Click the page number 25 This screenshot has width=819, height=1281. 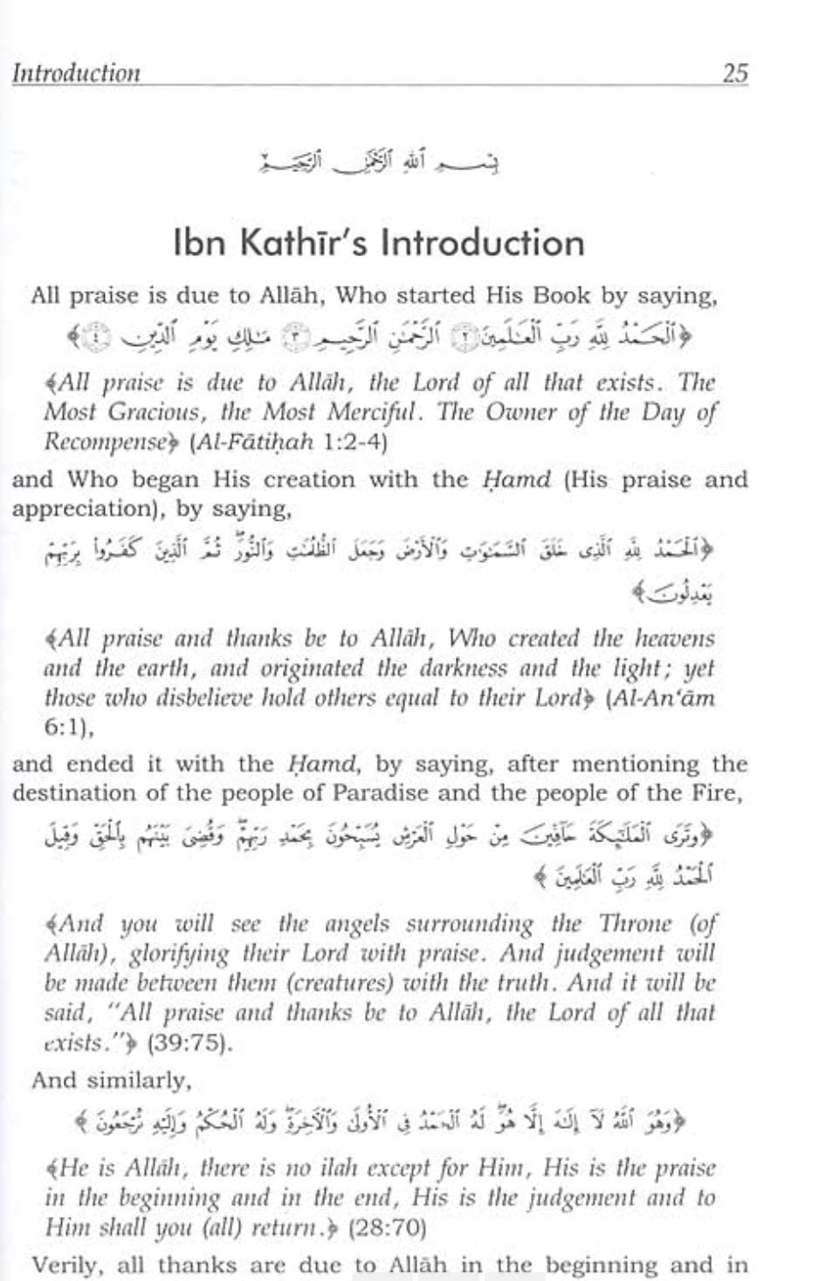click(735, 73)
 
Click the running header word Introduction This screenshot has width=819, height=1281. click(76, 73)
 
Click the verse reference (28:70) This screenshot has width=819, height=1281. click(387, 1228)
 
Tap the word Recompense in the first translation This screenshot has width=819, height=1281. click(104, 442)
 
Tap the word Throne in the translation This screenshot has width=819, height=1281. click(627, 924)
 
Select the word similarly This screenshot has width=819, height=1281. click(142, 1080)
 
